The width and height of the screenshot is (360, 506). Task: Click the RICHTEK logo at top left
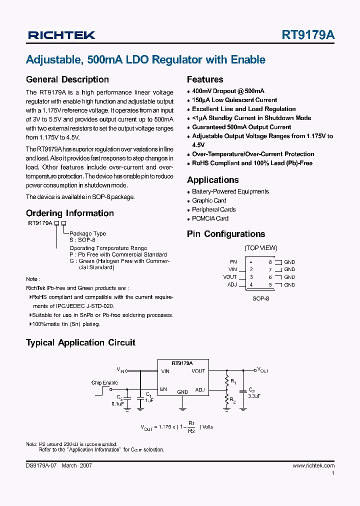(61, 35)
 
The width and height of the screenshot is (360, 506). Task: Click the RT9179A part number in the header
(308, 35)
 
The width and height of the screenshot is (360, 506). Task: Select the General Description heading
(67, 79)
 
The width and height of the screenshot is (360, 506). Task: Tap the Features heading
(205, 79)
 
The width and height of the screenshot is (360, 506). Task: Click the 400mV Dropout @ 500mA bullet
(228, 91)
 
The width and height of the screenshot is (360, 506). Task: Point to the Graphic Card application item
(209, 200)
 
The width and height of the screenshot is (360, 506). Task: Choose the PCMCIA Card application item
(210, 218)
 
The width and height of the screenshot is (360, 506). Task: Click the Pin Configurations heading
(226, 234)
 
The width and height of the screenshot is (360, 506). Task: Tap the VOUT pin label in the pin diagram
(230, 277)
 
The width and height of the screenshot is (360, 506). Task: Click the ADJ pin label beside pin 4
(232, 285)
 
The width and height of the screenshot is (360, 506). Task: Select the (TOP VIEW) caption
(260, 248)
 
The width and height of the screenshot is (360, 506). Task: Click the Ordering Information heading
(70, 213)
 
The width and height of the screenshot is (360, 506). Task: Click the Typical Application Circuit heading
(80, 342)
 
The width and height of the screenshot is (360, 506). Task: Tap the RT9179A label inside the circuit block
(182, 363)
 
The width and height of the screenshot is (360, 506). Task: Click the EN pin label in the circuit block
(163, 389)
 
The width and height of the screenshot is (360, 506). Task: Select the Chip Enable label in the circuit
(104, 383)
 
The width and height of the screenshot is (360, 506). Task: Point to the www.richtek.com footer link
(313, 465)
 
